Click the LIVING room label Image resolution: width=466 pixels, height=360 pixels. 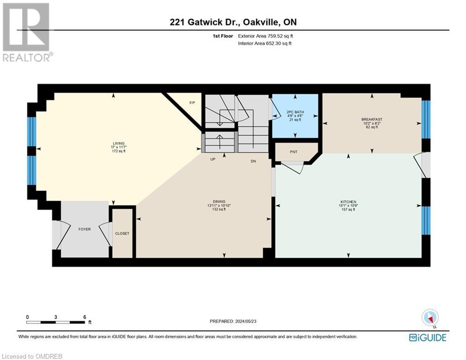point(118,143)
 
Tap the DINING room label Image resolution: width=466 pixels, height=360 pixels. point(216,202)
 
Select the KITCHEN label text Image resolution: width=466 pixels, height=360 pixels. point(348,202)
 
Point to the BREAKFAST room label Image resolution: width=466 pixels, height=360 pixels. point(372,119)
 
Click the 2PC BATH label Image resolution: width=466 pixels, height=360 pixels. point(295,112)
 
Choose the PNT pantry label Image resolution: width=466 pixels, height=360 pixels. point(294,152)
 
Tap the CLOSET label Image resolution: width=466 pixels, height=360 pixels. point(122,233)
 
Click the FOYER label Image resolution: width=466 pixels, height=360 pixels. point(84,229)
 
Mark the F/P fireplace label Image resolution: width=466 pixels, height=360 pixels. point(192,102)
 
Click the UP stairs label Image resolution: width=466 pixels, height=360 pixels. point(212,160)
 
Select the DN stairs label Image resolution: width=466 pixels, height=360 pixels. point(253,161)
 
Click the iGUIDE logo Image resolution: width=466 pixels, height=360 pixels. point(428,337)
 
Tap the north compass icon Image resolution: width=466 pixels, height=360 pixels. point(429,317)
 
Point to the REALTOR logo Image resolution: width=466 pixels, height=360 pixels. point(26,32)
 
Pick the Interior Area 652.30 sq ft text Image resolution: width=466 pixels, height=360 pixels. point(265,43)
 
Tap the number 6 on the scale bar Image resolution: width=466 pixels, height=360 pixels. point(84,317)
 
